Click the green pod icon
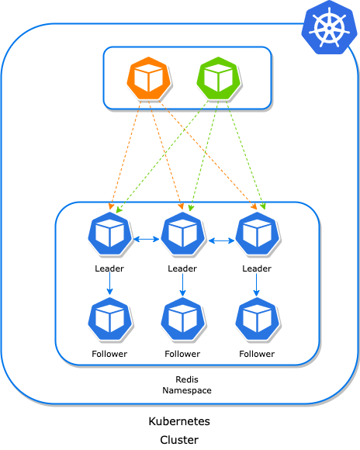tap(219, 79)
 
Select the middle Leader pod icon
tap(182, 234)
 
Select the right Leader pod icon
tap(257, 234)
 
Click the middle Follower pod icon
tap(182, 319)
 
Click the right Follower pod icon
tap(257, 319)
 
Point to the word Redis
tap(187, 380)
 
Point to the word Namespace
tap(187, 391)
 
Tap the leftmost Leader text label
tap(109, 268)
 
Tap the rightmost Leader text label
tap(257, 268)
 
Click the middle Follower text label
tap(182, 354)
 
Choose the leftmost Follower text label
tap(109, 354)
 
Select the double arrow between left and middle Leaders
tap(146, 240)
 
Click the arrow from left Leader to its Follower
tap(110, 286)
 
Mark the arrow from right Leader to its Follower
tap(257, 286)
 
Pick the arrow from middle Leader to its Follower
tap(182, 286)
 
